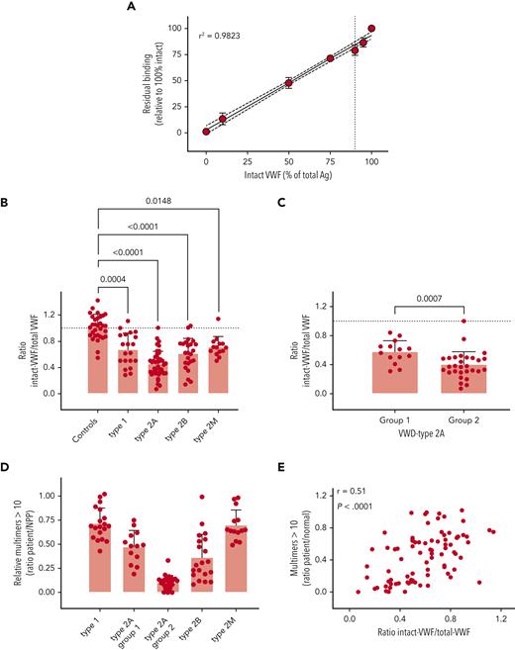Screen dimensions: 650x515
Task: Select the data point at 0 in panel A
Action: (206, 131)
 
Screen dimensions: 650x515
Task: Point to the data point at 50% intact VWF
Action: (288, 82)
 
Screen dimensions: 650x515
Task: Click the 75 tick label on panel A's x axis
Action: (330, 158)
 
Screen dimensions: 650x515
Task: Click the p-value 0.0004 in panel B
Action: (118, 279)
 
